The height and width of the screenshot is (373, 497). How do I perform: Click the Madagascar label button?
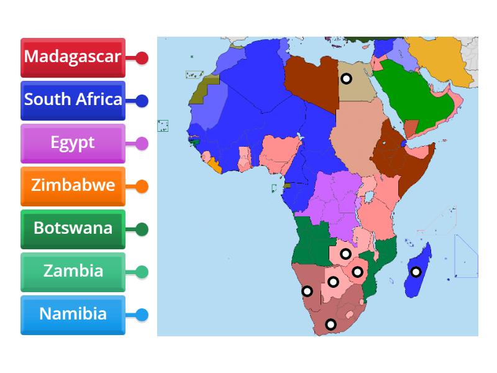click(x=73, y=57)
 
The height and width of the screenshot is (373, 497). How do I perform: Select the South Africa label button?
click(x=73, y=100)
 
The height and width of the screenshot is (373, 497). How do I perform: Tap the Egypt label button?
click(x=73, y=143)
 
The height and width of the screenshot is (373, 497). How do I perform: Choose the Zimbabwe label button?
click(x=73, y=186)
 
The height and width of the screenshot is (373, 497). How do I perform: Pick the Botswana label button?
click(x=73, y=229)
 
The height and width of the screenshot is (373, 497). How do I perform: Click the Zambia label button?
click(x=73, y=272)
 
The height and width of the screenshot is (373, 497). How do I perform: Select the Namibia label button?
click(x=73, y=315)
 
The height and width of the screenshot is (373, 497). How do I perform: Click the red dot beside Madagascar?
click(x=142, y=58)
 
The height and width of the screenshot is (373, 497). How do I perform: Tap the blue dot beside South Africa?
click(x=142, y=101)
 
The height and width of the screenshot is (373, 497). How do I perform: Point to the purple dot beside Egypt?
click(x=142, y=144)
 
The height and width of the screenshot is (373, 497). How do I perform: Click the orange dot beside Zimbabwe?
click(x=142, y=186)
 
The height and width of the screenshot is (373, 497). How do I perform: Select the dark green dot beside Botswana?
click(x=142, y=229)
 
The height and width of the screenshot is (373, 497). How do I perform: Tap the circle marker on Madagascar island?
click(x=416, y=272)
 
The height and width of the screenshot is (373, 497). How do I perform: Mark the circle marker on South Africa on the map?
click(x=331, y=324)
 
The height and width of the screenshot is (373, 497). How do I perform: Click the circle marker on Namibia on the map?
click(x=307, y=291)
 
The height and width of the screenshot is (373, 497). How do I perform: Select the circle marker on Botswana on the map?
click(x=333, y=282)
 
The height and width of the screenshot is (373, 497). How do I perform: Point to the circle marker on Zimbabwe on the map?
click(x=357, y=272)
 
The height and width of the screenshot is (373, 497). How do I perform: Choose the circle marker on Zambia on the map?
click(x=345, y=254)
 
